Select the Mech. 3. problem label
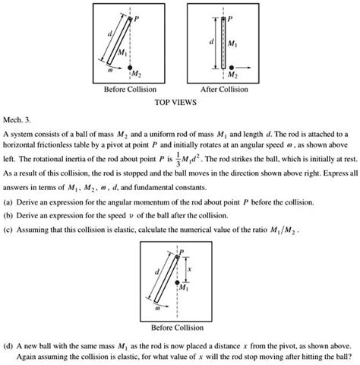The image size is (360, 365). coord(16,119)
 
